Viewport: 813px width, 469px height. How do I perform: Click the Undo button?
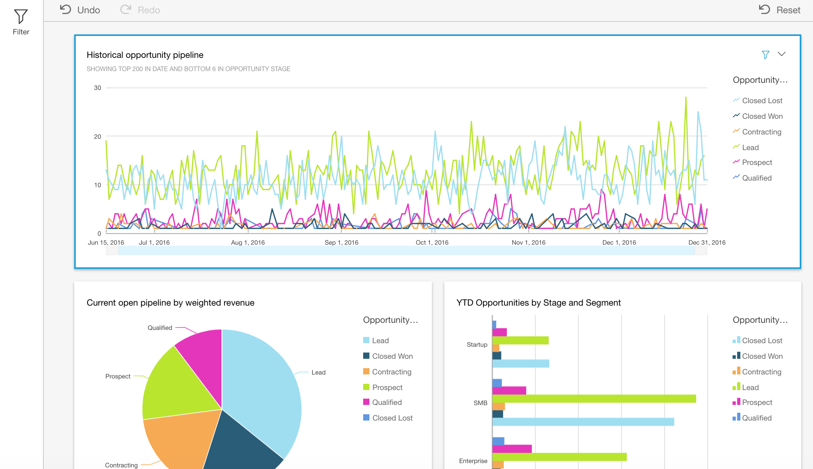(x=80, y=10)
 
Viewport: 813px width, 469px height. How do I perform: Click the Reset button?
(x=779, y=10)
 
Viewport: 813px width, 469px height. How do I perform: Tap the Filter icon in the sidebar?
(x=21, y=22)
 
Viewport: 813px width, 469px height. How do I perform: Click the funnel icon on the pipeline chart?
(x=765, y=55)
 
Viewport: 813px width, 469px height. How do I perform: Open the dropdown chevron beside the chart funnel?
(x=781, y=54)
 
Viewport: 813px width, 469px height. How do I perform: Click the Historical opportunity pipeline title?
(x=145, y=55)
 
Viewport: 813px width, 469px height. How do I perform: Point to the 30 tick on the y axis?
(x=98, y=88)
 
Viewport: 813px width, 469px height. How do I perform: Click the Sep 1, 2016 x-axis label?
(x=341, y=242)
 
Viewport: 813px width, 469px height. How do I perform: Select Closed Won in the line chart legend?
(x=762, y=116)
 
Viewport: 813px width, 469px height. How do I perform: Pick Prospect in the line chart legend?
(x=757, y=162)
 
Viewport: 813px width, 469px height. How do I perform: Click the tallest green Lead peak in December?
(x=686, y=98)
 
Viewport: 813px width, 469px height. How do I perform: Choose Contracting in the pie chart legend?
(x=391, y=372)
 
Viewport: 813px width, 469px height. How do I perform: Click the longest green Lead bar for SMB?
(x=594, y=399)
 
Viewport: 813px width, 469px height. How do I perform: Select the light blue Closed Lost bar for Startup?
(x=521, y=363)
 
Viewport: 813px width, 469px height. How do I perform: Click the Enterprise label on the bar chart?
(x=473, y=461)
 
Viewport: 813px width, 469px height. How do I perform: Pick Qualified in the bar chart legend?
(x=756, y=418)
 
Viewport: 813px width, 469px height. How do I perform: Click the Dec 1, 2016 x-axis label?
(x=619, y=242)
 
